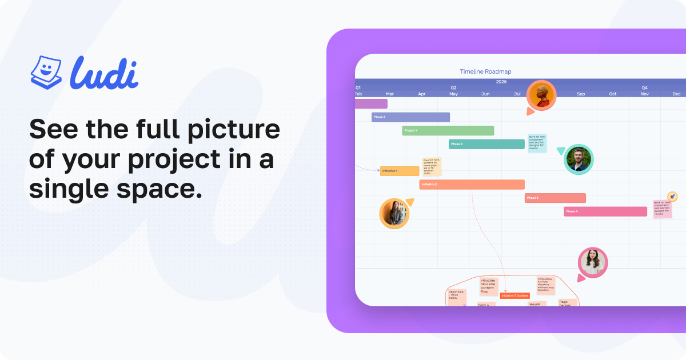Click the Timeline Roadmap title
click(485, 71)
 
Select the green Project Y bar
click(448, 130)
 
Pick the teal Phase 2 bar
click(486, 144)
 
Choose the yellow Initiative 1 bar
click(400, 171)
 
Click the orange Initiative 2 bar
click(472, 185)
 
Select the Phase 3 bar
click(555, 198)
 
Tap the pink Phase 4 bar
click(605, 211)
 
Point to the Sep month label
click(581, 94)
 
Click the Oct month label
click(612, 94)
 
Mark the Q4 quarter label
click(644, 87)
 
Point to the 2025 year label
click(501, 82)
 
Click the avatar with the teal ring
click(579, 159)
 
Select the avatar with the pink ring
click(592, 262)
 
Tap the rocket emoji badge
click(672, 197)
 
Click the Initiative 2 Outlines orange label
click(514, 295)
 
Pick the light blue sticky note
click(537, 144)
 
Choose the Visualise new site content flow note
click(488, 286)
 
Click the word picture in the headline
click(228, 130)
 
